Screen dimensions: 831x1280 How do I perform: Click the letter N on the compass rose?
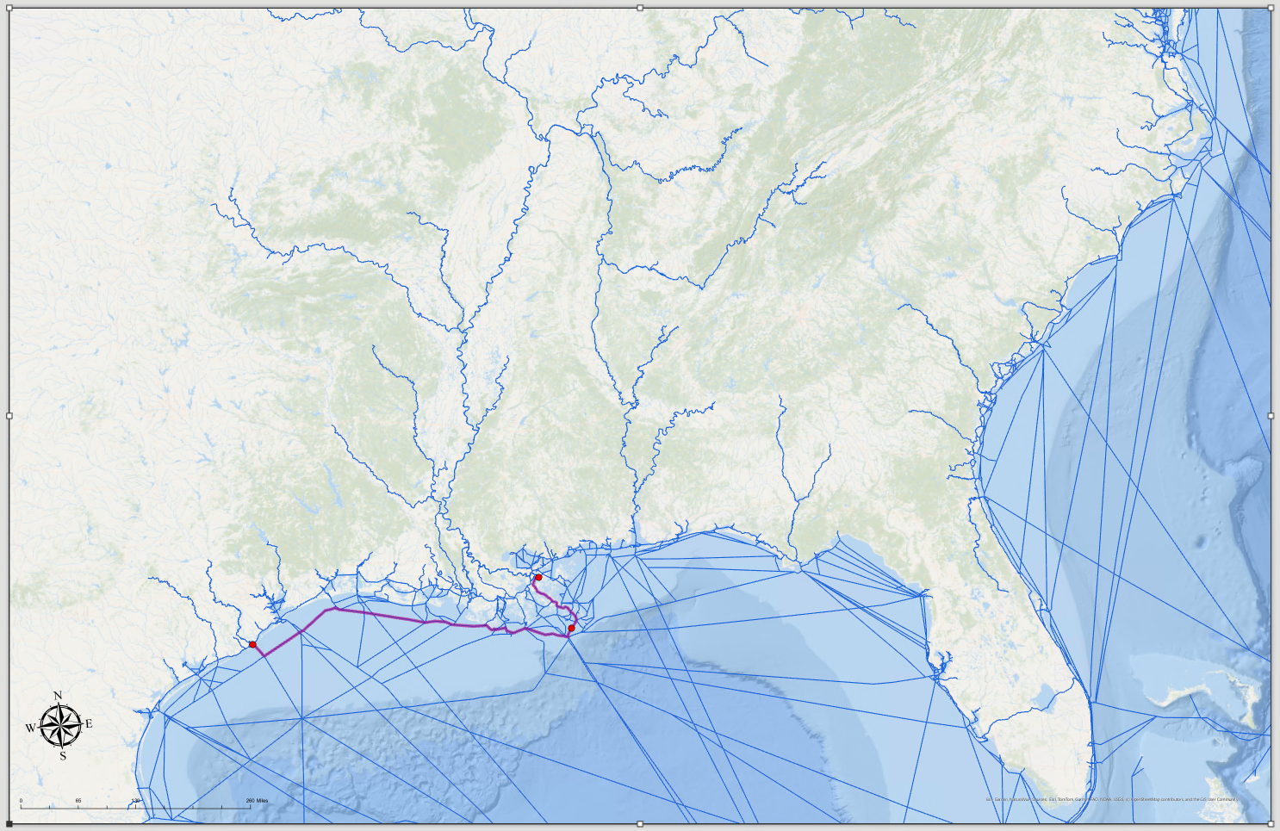[59, 696]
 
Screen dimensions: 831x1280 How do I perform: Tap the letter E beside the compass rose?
[89, 724]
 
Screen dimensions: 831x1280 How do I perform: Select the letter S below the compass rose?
[63, 756]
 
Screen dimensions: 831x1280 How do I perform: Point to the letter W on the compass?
[31, 728]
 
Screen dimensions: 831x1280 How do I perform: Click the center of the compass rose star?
[60, 726]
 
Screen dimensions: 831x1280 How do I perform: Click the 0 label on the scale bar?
[22, 801]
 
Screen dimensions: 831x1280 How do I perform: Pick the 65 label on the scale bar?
[78, 801]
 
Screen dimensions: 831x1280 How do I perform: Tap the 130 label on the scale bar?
[135, 801]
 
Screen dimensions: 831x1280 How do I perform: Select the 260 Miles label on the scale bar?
[257, 801]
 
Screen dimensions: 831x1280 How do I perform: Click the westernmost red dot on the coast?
[252, 644]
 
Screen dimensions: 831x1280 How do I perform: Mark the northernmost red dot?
[538, 578]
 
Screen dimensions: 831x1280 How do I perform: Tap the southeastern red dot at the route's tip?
[571, 628]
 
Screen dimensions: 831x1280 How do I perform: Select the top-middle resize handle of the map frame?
[640, 8]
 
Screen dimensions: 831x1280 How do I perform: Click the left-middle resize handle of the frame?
[9, 416]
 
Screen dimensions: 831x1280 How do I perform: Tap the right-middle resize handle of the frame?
[1271, 416]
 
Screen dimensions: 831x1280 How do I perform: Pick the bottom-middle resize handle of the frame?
[640, 824]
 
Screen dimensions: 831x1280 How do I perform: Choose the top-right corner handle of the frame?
[1271, 8]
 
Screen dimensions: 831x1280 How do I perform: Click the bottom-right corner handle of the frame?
[1271, 824]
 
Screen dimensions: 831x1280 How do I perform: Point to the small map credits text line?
[1111, 799]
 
